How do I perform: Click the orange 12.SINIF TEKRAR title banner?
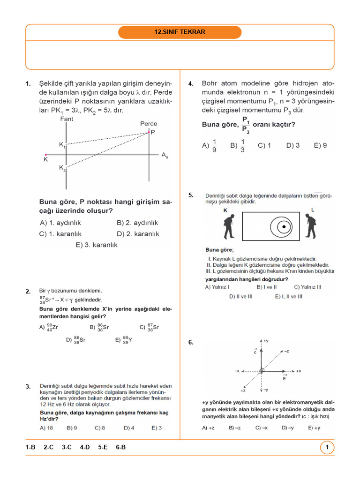[180, 32]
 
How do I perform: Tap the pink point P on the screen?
[150, 133]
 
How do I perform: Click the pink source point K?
[45, 154]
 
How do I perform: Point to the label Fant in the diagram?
[67, 119]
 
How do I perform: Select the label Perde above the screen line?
[149, 124]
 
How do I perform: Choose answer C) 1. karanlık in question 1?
[61, 234]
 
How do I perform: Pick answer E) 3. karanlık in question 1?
[97, 245]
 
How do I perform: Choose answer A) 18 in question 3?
[46, 427]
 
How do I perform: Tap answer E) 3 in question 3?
[157, 427]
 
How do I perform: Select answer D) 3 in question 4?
[293, 145]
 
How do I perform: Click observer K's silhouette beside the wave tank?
[228, 226]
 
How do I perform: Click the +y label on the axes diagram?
[266, 341]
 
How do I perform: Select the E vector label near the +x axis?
[285, 377]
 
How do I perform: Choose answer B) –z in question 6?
[234, 427]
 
